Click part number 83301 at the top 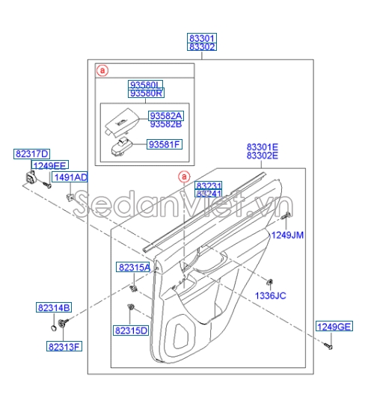[x=201, y=37]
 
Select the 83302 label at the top [x=201, y=46]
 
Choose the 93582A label [x=165, y=115]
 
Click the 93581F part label [x=165, y=144]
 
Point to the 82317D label [x=31, y=153]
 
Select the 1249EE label [x=49, y=165]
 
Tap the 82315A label [x=132, y=267]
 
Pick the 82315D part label [x=131, y=330]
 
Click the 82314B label [x=54, y=307]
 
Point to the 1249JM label [x=287, y=235]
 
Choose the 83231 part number [x=209, y=185]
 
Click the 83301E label [x=262, y=147]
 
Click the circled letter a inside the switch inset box [x=103, y=70]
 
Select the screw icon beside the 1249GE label [x=328, y=345]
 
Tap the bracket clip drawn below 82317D [x=31, y=179]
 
